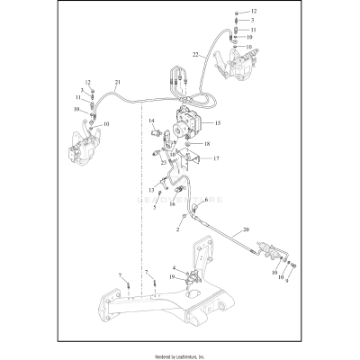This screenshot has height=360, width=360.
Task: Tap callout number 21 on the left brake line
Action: coord(117,84)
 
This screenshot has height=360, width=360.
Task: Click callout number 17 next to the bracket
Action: coord(216,158)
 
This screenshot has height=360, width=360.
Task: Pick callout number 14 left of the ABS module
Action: coord(152,121)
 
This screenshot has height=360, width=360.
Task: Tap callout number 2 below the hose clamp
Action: coord(179,229)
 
